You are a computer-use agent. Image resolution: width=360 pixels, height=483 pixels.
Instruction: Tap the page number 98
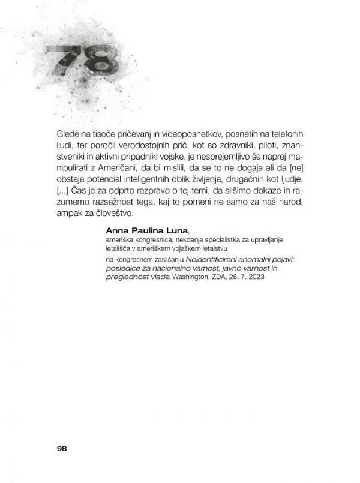click(x=64, y=448)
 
